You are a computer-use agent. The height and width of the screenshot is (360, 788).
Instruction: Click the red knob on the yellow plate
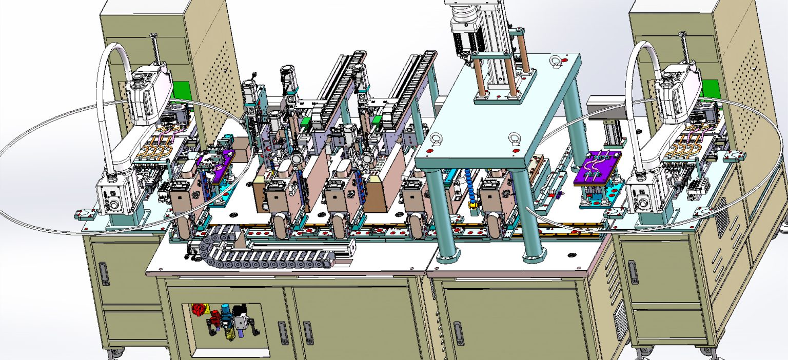[x=197, y=309]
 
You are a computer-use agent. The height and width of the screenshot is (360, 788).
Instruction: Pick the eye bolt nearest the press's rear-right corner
[x=555, y=63]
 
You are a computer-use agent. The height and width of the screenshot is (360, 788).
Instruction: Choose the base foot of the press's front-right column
[x=534, y=255]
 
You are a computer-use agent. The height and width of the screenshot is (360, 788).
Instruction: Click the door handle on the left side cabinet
[x=104, y=274]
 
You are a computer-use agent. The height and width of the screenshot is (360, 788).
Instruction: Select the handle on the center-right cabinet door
[x=458, y=333]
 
